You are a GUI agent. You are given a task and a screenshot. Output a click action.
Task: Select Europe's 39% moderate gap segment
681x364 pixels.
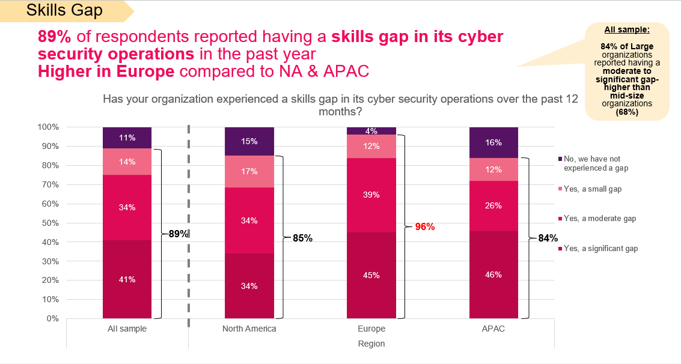click(371, 195)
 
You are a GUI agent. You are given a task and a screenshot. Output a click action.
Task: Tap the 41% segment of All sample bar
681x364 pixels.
click(127, 279)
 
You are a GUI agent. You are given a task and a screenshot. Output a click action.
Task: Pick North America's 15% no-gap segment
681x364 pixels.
click(249, 141)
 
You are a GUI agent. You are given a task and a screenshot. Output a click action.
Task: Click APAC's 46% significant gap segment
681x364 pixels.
click(493, 275)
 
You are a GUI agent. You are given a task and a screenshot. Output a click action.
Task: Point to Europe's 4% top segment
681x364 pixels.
click(371, 131)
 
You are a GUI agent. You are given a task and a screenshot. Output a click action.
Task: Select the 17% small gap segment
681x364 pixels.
click(249, 171)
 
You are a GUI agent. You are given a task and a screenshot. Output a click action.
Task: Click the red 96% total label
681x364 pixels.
click(425, 227)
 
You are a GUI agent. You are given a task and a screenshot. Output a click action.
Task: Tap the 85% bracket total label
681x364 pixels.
click(302, 238)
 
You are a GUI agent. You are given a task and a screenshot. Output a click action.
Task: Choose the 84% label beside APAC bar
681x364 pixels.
click(548, 238)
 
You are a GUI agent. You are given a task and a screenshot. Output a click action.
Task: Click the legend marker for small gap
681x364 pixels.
click(560, 189)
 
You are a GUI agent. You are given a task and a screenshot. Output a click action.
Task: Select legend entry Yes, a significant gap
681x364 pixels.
click(600, 248)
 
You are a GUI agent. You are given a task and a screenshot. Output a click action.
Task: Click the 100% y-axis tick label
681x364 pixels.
click(48, 127)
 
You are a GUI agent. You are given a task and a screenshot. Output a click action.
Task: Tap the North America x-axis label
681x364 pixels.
click(249, 329)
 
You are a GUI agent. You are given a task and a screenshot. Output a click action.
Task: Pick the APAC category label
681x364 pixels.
click(493, 329)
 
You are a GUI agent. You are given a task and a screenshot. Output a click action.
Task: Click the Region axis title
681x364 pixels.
click(371, 344)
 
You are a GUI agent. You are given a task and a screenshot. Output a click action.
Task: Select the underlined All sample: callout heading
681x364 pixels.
click(627, 29)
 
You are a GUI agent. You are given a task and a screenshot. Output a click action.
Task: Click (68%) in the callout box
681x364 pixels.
click(627, 111)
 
